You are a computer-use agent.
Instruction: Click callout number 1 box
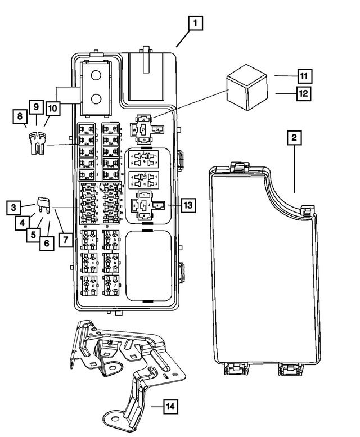[195, 24]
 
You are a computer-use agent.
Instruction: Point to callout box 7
[66, 239]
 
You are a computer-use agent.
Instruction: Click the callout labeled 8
[20, 116]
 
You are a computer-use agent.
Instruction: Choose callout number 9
[35, 106]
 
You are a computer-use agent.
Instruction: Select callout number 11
[304, 75]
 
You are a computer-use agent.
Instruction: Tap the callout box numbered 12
[304, 92]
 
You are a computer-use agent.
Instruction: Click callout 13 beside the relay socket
[188, 205]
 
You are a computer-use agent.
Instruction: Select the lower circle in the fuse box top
[97, 100]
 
